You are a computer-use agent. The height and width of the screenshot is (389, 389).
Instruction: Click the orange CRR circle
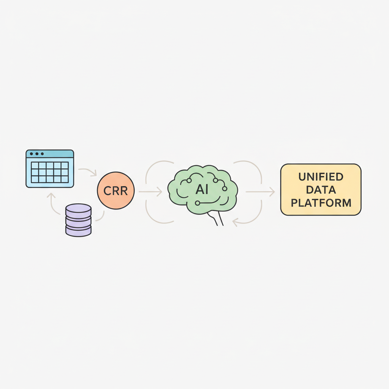point(115,191)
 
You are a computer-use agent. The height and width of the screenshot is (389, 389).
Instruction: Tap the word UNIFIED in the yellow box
point(321,177)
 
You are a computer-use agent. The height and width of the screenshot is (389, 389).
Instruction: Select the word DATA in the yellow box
point(321,190)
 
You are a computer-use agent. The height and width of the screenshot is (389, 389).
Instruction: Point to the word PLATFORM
point(321,203)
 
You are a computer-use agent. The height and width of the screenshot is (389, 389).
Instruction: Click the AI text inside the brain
point(202,190)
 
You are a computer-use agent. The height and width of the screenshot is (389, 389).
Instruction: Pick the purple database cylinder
point(78,220)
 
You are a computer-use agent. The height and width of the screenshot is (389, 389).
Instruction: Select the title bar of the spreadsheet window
point(50,154)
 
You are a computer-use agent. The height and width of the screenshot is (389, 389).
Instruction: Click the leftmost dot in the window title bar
point(32,154)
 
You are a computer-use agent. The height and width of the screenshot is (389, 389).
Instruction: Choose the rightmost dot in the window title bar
point(43,154)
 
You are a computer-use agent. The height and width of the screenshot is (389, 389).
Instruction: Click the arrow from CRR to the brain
point(150,192)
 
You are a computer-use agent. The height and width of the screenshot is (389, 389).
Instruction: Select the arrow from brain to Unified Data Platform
point(260,192)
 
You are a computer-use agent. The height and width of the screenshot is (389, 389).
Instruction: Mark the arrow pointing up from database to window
point(52,204)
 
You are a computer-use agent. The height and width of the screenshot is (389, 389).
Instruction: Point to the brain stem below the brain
point(216,218)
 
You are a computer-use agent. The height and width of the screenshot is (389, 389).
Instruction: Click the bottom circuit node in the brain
point(198,203)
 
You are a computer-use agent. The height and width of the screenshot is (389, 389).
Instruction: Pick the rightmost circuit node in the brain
point(225,188)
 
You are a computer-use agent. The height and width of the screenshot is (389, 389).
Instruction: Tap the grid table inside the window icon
point(50,172)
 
